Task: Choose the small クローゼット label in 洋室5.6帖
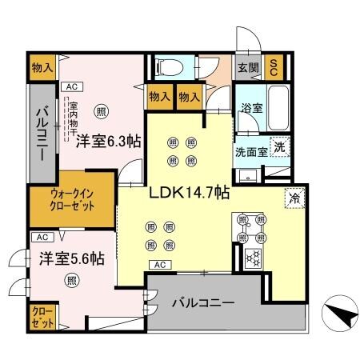[44, 318]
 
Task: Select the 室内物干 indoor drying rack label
[73, 114]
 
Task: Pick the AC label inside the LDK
[158, 265]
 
